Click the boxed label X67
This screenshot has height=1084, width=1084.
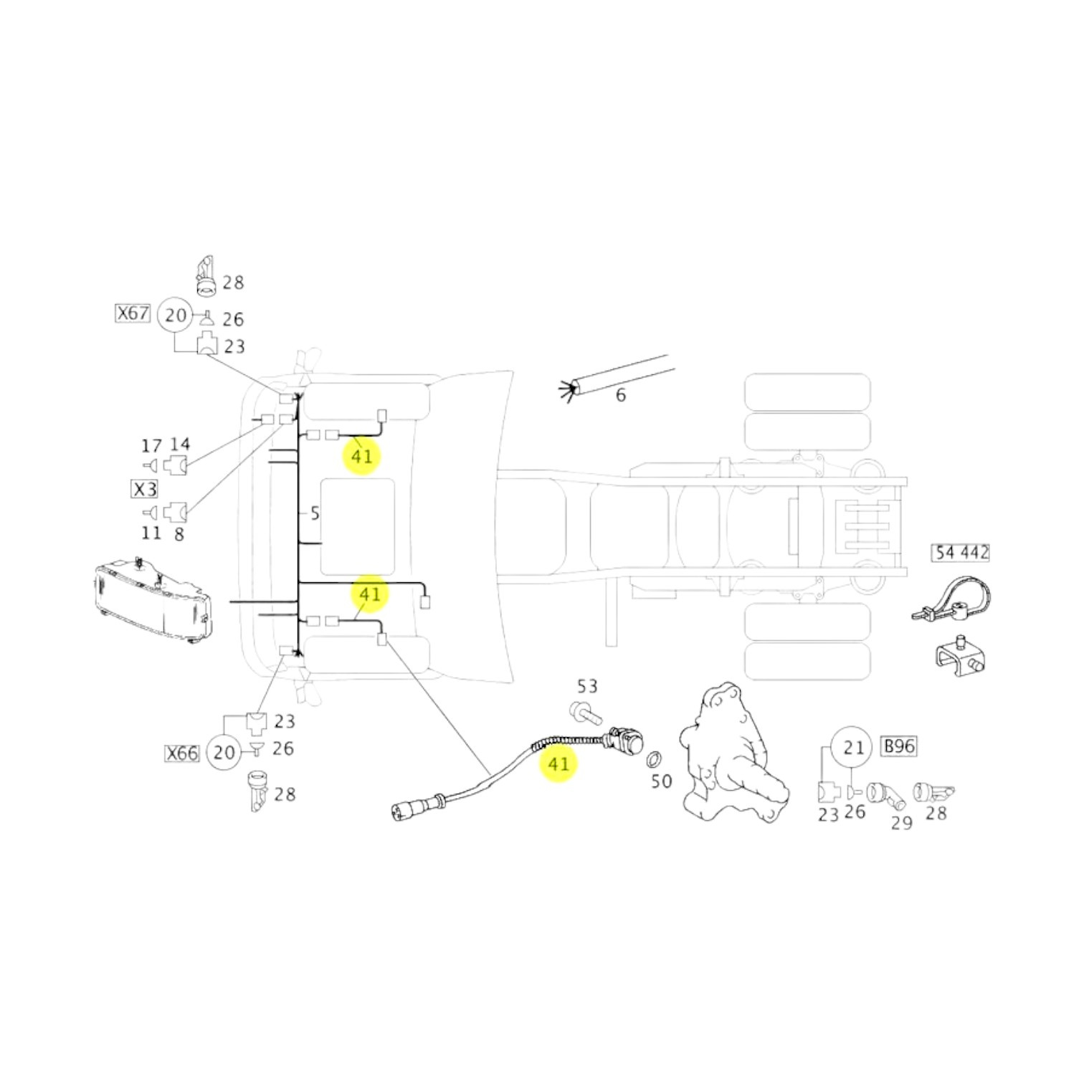(133, 313)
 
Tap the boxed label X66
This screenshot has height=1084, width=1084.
(182, 753)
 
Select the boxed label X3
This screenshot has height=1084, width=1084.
(145, 490)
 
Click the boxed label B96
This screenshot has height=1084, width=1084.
(899, 746)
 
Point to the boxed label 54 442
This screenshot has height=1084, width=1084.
(961, 552)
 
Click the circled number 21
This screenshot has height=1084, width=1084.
(852, 748)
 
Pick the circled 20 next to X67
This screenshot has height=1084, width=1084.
(176, 315)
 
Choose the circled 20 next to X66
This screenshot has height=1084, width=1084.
(224, 752)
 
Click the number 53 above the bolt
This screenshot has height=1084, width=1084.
(587, 686)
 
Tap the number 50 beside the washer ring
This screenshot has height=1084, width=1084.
(661, 781)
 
